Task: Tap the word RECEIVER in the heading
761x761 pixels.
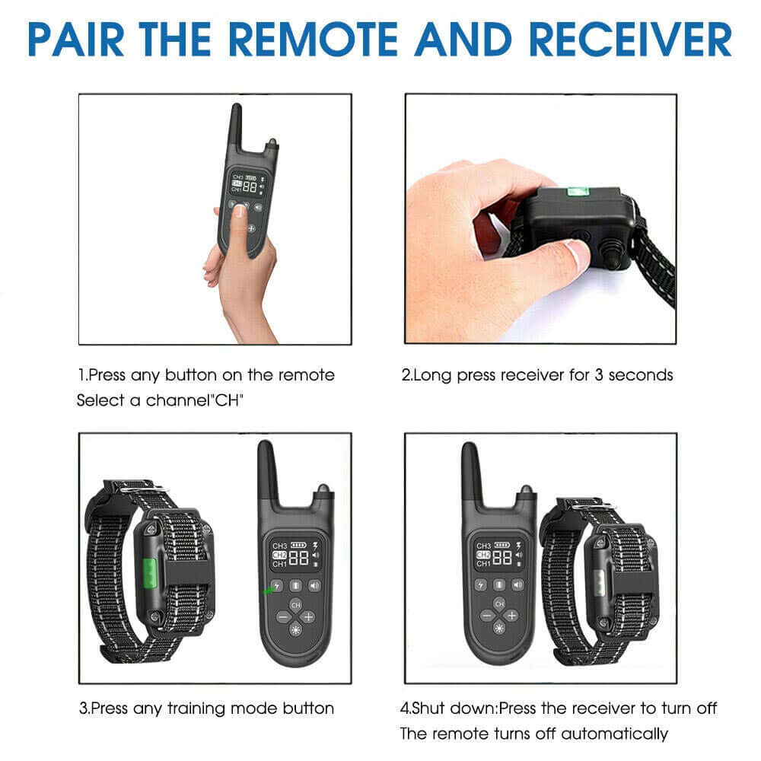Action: pyautogui.click(x=630, y=40)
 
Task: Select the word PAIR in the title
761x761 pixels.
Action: pyautogui.click(x=75, y=40)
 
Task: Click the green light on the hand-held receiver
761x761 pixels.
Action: pyautogui.click(x=578, y=191)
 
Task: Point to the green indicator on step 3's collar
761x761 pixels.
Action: pyautogui.click(x=149, y=572)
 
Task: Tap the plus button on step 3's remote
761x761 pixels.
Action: pyautogui.click(x=307, y=617)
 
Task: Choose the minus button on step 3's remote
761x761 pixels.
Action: pyautogui.click(x=283, y=617)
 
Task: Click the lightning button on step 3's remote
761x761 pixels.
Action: pyautogui.click(x=277, y=586)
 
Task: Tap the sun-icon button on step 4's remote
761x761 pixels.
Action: pyautogui.click(x=499, y=629)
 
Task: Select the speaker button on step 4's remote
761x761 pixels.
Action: pyautogui.click(x=517, y=584)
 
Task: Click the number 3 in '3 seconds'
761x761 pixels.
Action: pyautogui.click(x=599, y=374)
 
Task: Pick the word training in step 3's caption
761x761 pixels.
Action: pyautogui.click(x=196, y=708)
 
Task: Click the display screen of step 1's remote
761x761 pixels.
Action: pyautogui.click(x=247, y=183)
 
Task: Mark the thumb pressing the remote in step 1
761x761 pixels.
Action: pyautogui.click(x=237, y=228)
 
